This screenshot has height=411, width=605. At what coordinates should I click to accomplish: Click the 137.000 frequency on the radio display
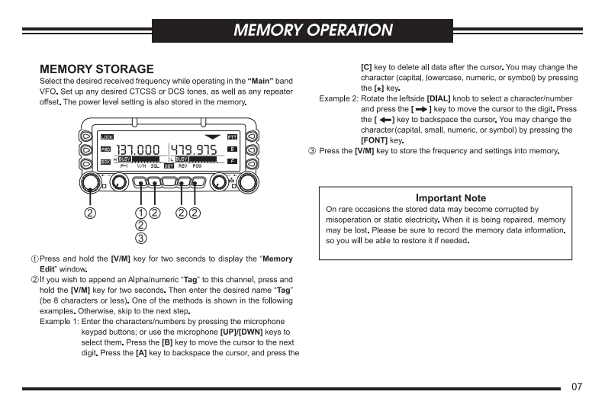138,149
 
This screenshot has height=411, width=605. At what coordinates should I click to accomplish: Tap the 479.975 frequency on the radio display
192,149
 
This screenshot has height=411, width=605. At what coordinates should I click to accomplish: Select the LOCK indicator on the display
107,136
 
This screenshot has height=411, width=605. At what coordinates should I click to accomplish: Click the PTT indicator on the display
233,136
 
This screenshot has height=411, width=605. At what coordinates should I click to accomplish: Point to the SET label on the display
169,165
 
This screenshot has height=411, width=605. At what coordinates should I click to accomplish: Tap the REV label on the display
182,165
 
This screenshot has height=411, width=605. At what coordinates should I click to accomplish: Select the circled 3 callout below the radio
140,239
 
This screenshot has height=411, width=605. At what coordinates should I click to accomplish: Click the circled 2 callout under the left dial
90,213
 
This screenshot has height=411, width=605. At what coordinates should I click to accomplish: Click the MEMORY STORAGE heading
96,69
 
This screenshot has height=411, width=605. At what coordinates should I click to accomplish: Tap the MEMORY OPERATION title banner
313,31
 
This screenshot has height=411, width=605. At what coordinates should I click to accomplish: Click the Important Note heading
450,198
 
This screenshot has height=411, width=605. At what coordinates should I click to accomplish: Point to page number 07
577,387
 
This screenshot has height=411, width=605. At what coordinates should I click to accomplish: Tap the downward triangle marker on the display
212,136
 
